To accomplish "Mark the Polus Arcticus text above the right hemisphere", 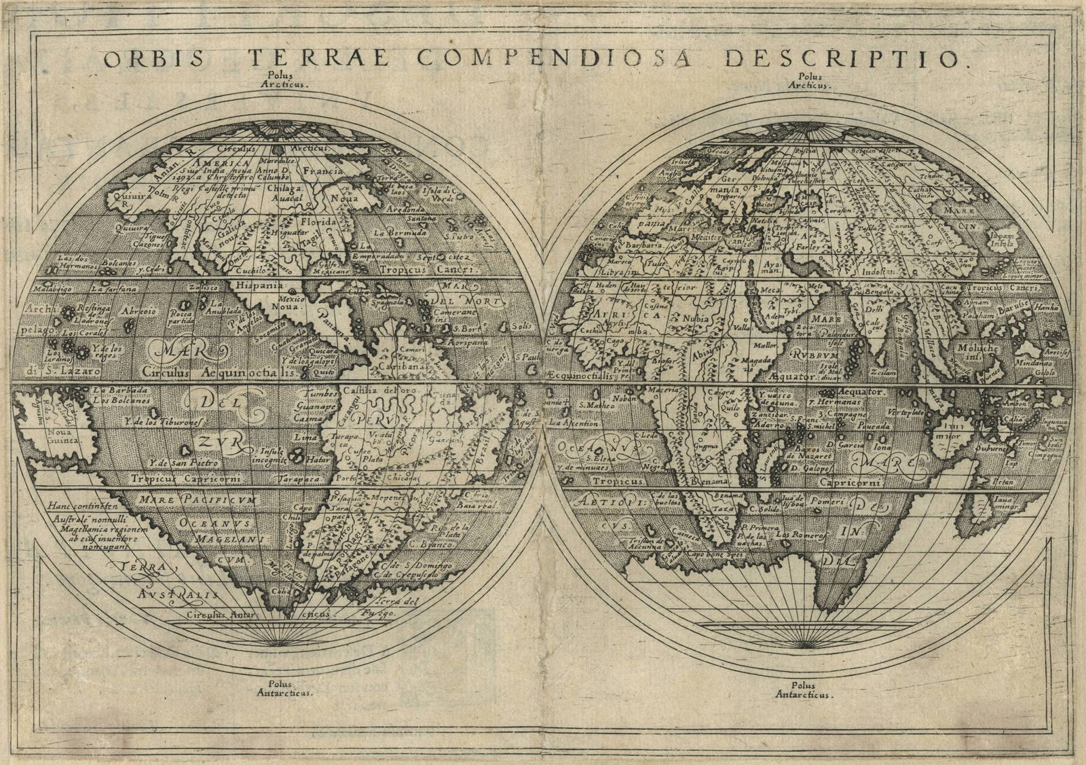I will (x=814, y=82).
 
